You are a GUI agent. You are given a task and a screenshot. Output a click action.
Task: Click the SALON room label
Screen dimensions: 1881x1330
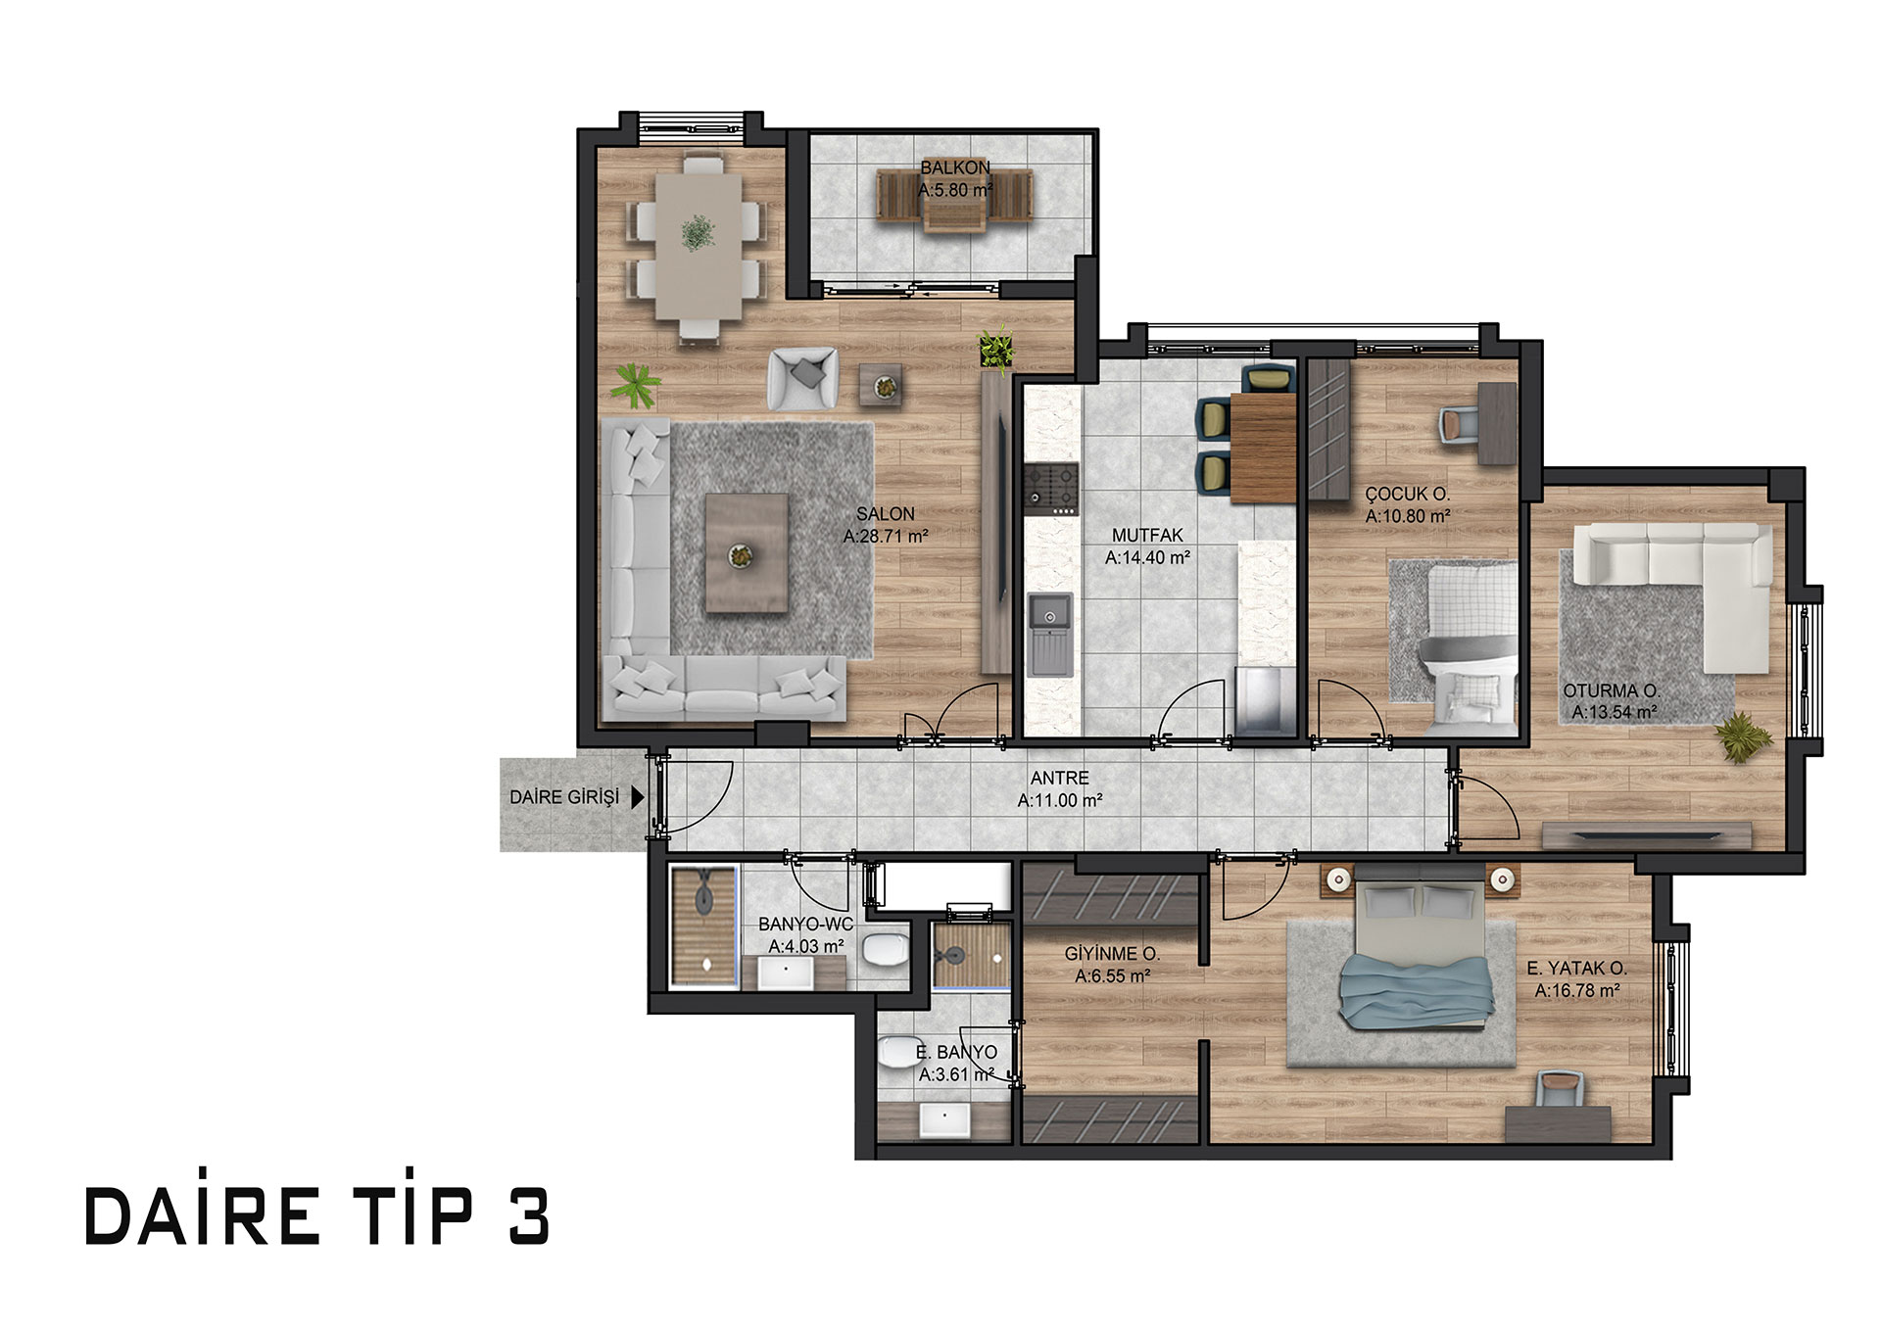pyautogui.click(x=886, y=514)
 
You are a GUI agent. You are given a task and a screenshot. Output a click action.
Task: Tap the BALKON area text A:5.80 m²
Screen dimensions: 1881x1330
pyautogui.click(x=955, y=190)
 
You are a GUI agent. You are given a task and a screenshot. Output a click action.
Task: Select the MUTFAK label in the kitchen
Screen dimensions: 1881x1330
pyautogui.click(x=1147, y=536)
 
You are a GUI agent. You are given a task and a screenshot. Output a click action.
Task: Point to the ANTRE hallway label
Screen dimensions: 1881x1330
pyautogui.click(x=1060, y=779)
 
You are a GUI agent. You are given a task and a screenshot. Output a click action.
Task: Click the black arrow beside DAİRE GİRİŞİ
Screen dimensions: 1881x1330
pyautogui.click(x=638, y=797)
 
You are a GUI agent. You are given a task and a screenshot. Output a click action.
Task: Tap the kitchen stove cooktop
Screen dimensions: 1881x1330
pyautogui.click(x=1051, y=490)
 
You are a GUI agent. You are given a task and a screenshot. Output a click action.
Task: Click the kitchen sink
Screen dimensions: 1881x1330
pyautogui.click(x=1050, y=635)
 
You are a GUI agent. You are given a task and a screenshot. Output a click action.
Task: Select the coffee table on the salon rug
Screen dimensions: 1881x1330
pyautogui.click(x=747, y=553)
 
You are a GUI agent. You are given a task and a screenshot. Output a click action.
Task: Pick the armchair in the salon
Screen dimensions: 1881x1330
pyautogui.click(x=803, y=378)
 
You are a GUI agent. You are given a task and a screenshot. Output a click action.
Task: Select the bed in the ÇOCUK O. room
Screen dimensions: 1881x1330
pyautogui.click(x=1469, y=646)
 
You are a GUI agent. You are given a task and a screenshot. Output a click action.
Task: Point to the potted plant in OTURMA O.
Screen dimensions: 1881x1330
pyautogui.click(x=1743, y=737)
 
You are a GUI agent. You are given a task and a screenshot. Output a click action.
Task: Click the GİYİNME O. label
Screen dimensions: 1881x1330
pyautogui.click(x=1112, y=954)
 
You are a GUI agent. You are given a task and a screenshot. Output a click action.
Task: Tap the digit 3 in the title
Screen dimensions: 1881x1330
pyautogui.click(x=529, y=1217)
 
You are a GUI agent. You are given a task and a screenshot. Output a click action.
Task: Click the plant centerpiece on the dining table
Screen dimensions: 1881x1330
pyautogui.click(x=698, y=233)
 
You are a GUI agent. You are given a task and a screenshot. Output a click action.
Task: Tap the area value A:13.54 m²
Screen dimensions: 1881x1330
pyautogui.click(x=1615, y=713)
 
